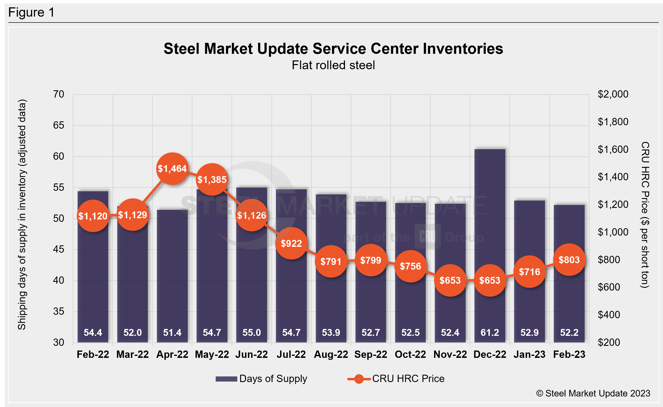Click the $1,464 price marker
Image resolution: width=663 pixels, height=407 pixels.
(x=172, y=169)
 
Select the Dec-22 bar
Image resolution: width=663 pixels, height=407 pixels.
(x=489, y=215)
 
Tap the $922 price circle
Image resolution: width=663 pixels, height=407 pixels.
(x=291, y=243)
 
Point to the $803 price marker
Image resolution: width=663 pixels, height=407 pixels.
(x=569, y=260)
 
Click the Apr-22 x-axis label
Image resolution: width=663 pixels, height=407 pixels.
(x=172, y=354)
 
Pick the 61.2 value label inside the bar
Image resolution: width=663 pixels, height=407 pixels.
(x=489, y=332)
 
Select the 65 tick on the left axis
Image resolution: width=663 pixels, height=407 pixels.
(x=59, y=125)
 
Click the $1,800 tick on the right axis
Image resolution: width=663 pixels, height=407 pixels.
(x=613, y=122)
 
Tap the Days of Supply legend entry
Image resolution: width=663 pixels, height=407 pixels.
(x=261, y=379)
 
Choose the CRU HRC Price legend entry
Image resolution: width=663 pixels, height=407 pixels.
(x=396, y=379)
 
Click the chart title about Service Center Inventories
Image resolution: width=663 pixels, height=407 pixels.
(x=333, y=49)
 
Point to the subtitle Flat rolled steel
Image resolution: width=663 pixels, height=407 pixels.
(x=333, y=65)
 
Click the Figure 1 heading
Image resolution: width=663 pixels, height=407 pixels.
(x=31, y=12)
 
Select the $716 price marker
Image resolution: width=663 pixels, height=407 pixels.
(x=529, y=271)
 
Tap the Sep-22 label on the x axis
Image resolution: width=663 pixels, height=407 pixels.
(x=371, y=354)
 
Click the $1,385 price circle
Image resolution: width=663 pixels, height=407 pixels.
(x=212, y=180)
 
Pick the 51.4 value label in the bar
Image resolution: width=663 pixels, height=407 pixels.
(x=172, y=332)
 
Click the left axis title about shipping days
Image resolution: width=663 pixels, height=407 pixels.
(x=22, y=215)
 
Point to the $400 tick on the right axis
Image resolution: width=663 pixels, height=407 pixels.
(x=609, y=315)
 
